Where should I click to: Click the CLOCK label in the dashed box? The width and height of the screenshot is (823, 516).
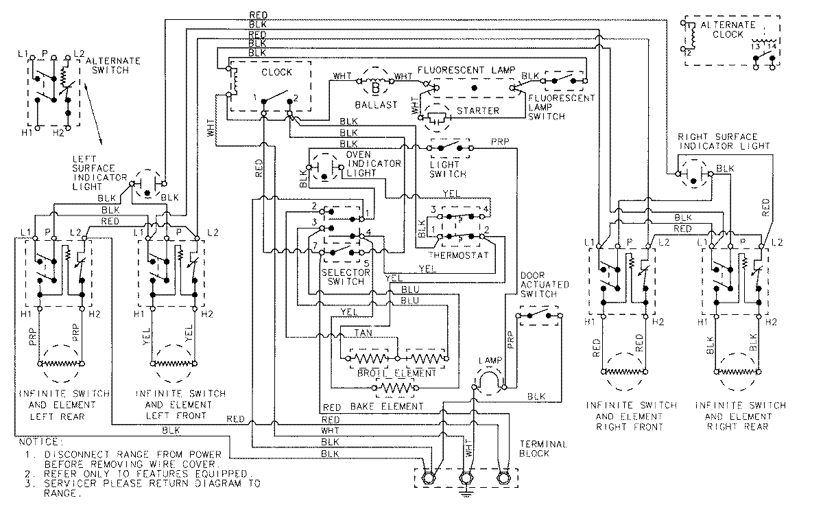click(276, 71)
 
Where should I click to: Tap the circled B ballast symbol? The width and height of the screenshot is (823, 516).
click(376, 86)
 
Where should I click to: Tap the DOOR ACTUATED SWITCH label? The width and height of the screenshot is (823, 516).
click(538, 283)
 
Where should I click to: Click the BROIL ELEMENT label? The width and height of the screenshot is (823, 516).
click(398, 373)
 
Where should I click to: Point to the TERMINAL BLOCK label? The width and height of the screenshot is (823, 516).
click(543, 449)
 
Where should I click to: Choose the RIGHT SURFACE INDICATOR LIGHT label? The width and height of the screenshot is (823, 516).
click(724, 141)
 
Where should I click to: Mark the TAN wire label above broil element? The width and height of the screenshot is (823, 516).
click(363, 332)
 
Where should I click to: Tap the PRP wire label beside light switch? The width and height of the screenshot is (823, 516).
click(499, 142)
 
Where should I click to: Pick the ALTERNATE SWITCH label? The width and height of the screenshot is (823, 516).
click(114, 66)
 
